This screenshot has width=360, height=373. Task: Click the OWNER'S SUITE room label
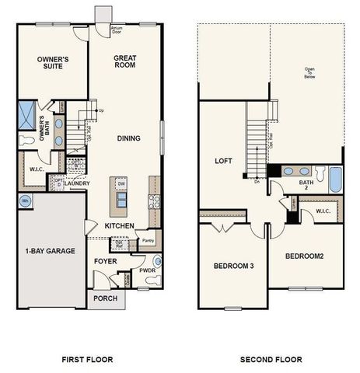tap(54, 64)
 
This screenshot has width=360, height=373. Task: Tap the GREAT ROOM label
tap(126, 61)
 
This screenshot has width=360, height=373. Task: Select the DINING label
tap(128, 138)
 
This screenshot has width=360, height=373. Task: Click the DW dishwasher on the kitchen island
tap(121, 183)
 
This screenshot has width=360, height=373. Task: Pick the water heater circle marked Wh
tap(25, 201)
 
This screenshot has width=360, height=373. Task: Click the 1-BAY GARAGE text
tap(51, 251)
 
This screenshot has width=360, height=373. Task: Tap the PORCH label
tap(105, 298)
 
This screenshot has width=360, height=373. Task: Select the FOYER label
tap(105, 261)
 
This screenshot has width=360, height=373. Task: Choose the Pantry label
tap(149, 242)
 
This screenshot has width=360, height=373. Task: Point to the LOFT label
tap(225, 161)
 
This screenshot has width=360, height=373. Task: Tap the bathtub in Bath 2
tap(335, 180)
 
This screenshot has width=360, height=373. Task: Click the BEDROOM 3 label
tap(233, 267)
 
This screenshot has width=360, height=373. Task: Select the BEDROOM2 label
tap(304, 256)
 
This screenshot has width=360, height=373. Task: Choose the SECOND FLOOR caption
tap(271, 359)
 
